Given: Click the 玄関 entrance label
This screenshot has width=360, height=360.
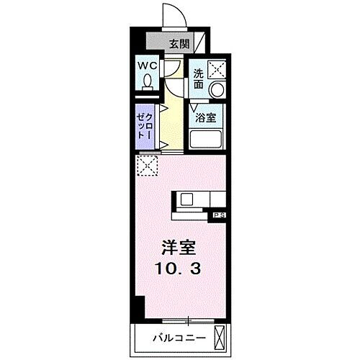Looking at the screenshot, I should (179, 43).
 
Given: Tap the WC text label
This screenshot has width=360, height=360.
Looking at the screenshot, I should (148, 66).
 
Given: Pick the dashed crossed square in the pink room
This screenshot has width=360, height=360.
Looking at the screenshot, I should (147, 166).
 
